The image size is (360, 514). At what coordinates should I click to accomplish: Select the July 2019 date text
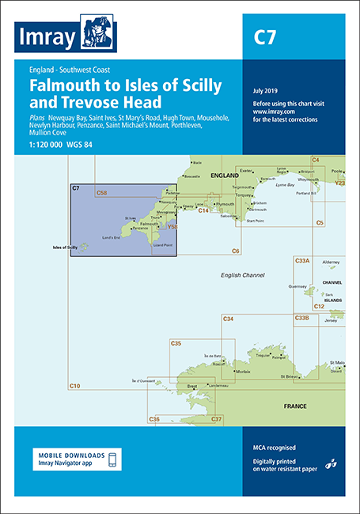tap(266, 93)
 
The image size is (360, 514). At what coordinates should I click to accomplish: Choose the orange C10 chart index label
tap(75, 385)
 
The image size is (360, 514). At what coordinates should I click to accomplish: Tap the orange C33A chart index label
tap(302, 260)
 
